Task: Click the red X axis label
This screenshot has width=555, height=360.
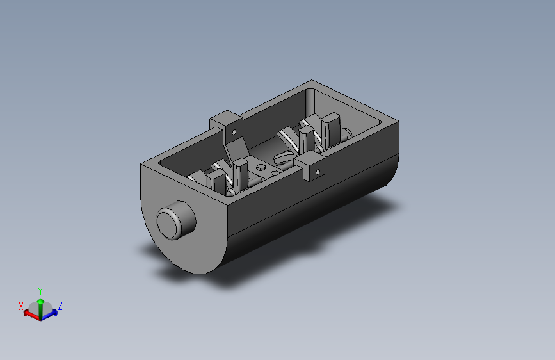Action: [x=21, y=306]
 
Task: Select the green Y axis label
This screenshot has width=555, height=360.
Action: [x=40, y=291]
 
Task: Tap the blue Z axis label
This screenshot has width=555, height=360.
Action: [x=60, y=306]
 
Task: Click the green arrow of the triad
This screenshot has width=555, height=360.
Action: [x=41, y=308]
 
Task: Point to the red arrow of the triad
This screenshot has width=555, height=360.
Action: [x=31, y=315]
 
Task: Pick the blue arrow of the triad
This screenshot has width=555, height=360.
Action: [x=49, y=315]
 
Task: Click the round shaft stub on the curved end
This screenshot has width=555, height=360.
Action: [x=176, y=220]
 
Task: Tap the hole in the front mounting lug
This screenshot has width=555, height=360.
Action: [x=318, y=172]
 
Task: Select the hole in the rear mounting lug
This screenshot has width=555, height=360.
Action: [x=234, y=133]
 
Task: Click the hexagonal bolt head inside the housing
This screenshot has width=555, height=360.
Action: [x=261, y=167]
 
